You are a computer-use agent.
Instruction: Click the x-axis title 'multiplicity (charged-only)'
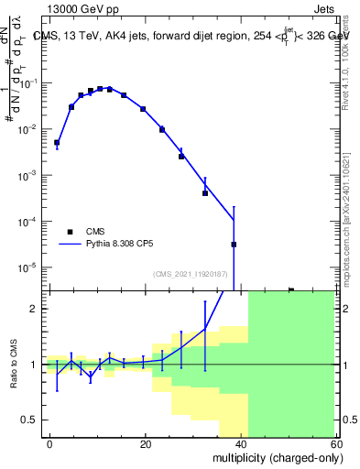pyautogui.click(x=273, y=455)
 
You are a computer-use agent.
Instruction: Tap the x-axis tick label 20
pyautogui.click(x=146, y=443)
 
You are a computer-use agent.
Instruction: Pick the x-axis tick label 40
pyautogui.click(x=242, y=443)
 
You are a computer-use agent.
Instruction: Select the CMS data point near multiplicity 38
pyautogui.click(x=234, y=245)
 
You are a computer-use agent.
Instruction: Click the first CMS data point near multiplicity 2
pyautogui.click(x=57, y=143)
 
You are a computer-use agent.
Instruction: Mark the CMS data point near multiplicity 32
pyautogui.click(x=205, y=193)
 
